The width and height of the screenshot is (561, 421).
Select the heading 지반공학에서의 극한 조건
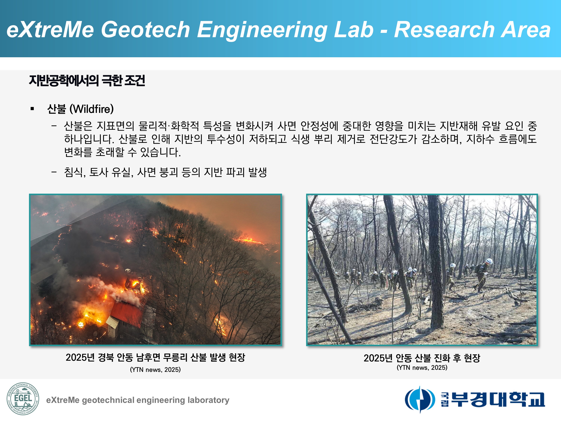tap(87, 81)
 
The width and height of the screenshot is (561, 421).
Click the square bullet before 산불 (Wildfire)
tap(32, 109)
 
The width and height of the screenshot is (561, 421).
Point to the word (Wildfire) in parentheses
tap(92, 109)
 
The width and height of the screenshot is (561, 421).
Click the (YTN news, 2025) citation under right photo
tap(422, 367)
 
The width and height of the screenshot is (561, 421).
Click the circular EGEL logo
tap(23, 399)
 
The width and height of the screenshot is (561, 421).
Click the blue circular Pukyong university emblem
tap(419, 399)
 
